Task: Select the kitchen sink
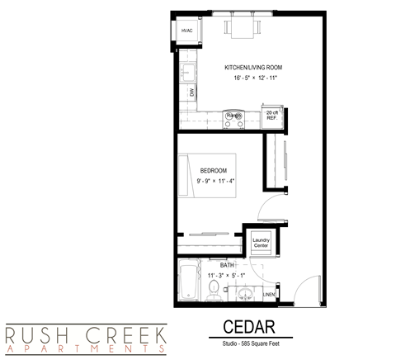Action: [186, 73]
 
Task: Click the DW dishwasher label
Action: [191, 92]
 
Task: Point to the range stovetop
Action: [233, 116]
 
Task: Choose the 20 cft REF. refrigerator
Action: [271, 115]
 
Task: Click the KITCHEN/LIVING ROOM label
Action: [252, 67]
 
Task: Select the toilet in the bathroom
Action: [214, 290]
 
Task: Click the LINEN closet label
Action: [268, 294]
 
